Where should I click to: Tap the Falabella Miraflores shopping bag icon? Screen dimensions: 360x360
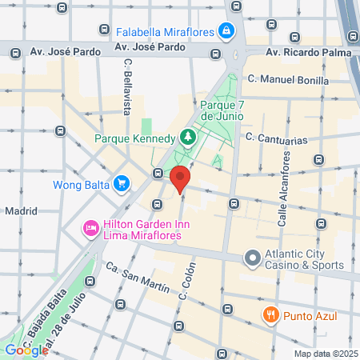tap(227, 32)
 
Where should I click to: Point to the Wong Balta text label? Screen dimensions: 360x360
tap(81, 185)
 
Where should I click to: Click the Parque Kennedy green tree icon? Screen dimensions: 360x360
tap(186, 138)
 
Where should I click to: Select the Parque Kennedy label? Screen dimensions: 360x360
tap(134, 138)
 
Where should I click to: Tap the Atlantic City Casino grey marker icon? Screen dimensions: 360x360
tap(252, 258)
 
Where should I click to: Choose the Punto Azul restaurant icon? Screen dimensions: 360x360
tap(271, 314)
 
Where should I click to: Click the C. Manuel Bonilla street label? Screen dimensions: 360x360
tap(288, 79)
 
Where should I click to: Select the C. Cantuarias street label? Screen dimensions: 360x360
tap(277, 138)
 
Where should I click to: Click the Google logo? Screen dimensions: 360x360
tap(26, 350)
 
